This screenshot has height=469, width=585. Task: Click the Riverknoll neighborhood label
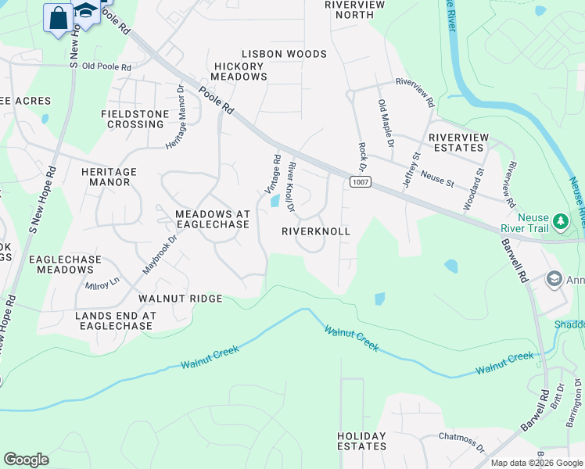316,232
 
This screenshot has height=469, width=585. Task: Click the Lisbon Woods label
284,54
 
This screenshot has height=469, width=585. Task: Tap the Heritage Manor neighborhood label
109,177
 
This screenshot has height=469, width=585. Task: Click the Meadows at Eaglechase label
202,219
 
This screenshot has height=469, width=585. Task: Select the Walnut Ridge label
181,299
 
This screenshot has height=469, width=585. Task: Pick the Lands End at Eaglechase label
116,321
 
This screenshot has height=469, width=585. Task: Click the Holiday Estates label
362,441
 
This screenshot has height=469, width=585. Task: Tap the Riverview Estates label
458,142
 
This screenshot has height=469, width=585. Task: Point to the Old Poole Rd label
106,66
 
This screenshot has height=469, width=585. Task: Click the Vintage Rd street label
272,174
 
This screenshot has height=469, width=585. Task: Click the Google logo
26,460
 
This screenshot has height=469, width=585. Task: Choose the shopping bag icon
59,17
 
